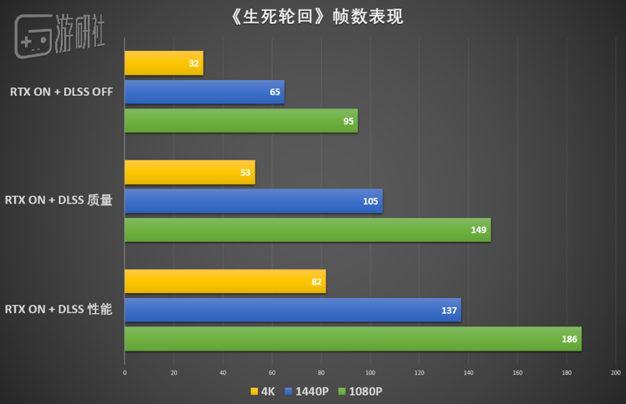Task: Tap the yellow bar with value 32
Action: tap(164, 63)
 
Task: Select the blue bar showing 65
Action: tap(204, 92)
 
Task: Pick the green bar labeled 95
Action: tap(240, 121)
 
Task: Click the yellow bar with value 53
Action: tap(189, 173)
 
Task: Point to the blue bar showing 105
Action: tap(253, 201)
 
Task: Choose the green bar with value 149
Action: tap(307, 230)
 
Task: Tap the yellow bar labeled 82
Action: tap(225, 281)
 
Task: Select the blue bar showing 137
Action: tap(292, 311)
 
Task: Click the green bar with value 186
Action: tap(352, 339)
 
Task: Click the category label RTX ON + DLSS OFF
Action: tap(62, 92)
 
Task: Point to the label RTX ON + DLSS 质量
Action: tap(58, 200)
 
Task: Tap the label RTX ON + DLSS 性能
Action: tap(58, 310)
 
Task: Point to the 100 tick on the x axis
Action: tap(371, 373)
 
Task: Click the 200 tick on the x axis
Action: tap(616, 373)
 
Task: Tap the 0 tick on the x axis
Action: tap(124, 373)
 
